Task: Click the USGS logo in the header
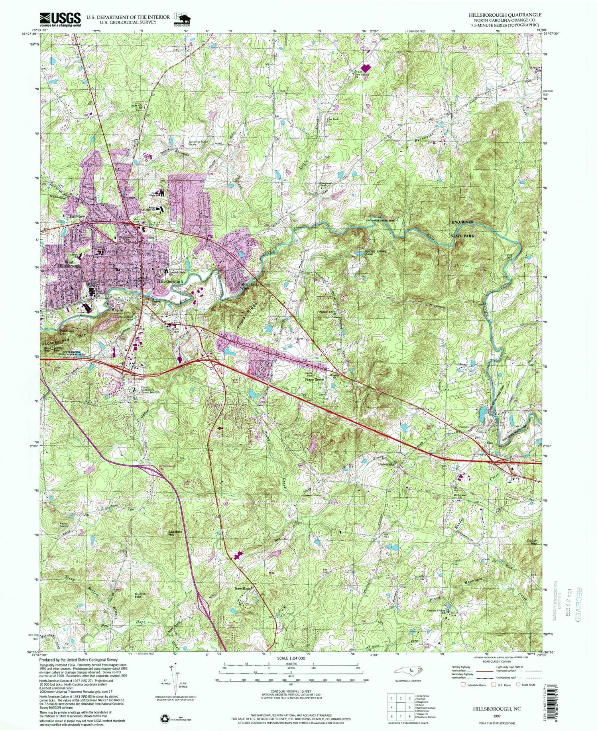60,19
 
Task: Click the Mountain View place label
249,286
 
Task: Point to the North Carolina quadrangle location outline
407,682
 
